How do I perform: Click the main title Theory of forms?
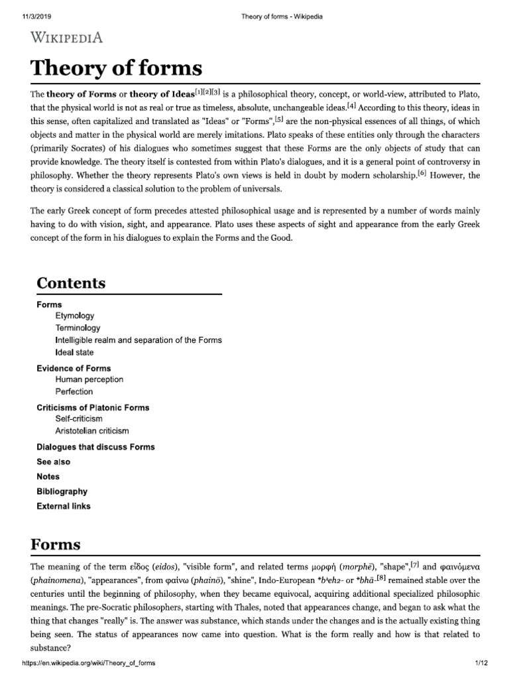(116, 68)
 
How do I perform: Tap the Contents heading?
(71, 283)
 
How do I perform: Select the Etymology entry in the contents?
(75, 316)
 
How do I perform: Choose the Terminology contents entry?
(78, 328)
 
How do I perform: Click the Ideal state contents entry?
(75, 353)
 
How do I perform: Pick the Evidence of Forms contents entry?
(74, 368)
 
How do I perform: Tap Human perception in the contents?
(89, 380)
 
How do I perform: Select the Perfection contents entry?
(74, 392)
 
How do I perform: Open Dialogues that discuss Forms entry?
(95, 447)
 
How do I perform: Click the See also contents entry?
(53, 462)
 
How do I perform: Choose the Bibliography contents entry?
(62, 491)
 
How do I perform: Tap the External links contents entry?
(64, 507)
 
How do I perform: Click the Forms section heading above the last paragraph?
(56, 545)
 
